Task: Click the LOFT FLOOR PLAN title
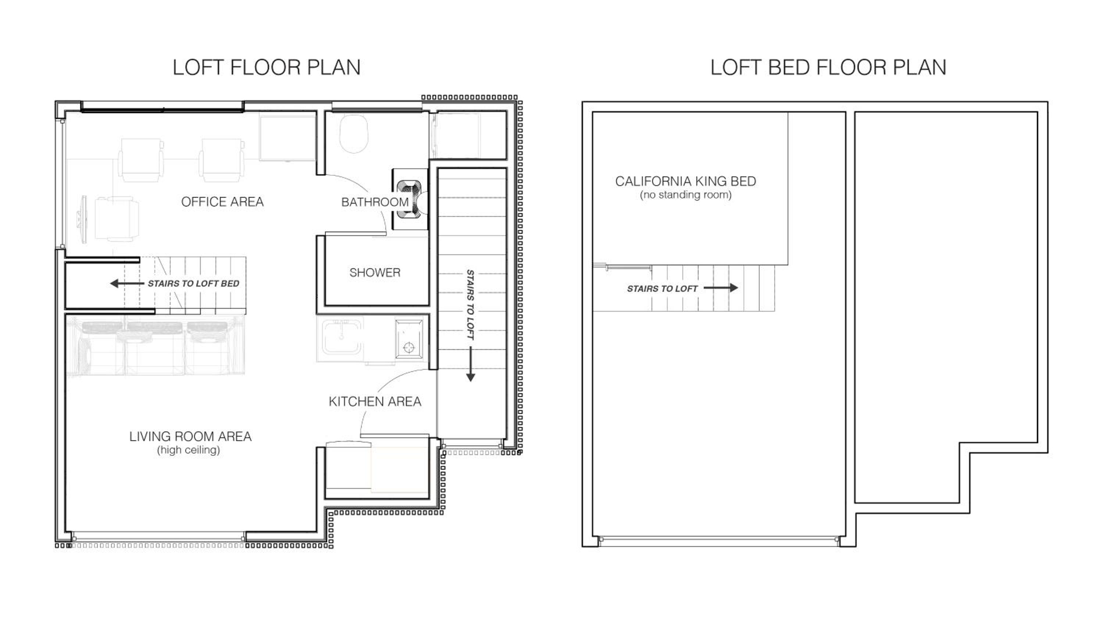pos(267,68)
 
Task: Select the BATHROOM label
pos(375,202)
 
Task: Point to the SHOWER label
pos(375,273)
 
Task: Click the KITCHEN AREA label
pos(375,401)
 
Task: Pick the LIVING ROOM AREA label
pos(190,436)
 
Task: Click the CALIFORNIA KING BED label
pos(686,181)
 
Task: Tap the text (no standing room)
pos(686,195)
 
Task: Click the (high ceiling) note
pos(189,450)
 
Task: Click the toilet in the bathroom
pos(354,133)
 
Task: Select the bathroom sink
pos(409,199)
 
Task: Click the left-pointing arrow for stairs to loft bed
pos(127,283)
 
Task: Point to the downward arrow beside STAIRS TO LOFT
pos(471,364)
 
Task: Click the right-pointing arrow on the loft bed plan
pos(721,288)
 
